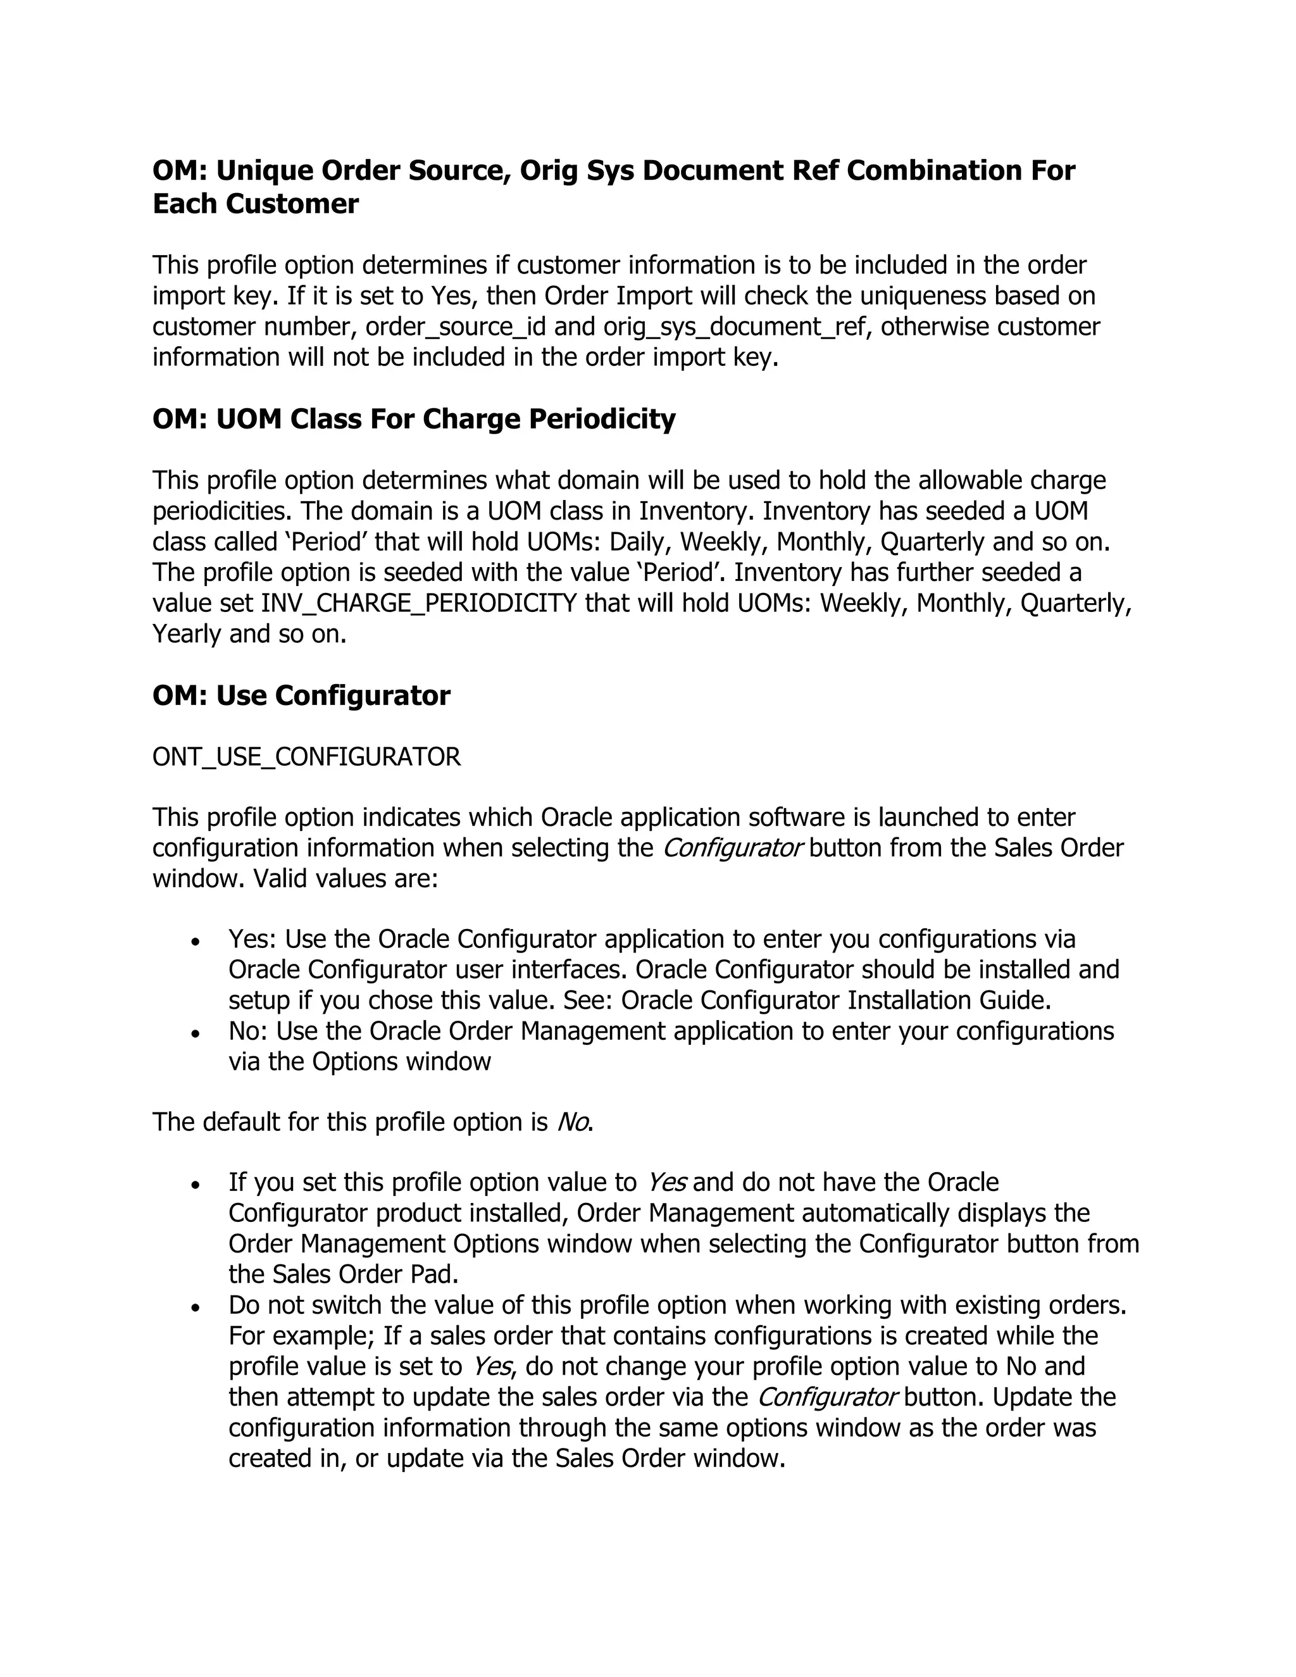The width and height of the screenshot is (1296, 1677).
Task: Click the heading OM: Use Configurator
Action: coord(301,695)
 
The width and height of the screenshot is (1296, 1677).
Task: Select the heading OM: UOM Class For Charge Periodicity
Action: coord(414,419)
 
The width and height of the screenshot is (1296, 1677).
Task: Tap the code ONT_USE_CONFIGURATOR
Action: coord(306,757)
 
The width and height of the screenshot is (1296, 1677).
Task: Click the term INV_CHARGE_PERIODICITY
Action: coord(418,604)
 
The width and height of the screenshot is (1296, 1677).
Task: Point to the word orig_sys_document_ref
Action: coord(738,327)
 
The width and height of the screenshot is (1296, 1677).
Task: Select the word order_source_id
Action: coord(455,327)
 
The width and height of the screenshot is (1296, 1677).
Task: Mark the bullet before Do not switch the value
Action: coord(197,1307)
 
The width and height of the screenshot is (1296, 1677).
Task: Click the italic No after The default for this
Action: coord(573,1123)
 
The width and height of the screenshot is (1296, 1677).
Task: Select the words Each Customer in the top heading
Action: coord(256,204)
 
